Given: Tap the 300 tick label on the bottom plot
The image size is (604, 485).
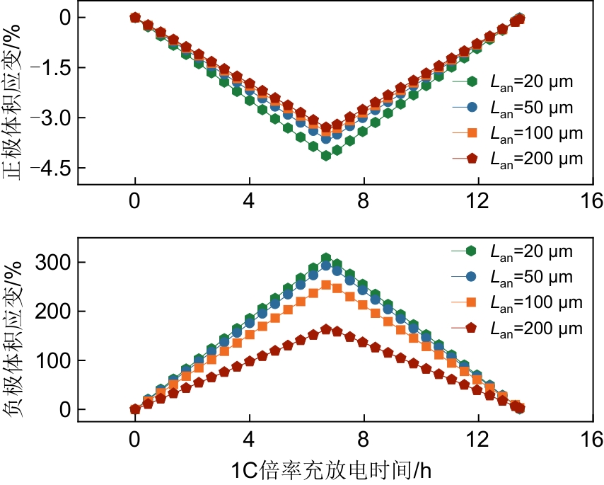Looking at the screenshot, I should (x=55, y=263).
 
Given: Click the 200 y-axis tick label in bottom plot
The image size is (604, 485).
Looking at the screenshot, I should (x=55, y=312).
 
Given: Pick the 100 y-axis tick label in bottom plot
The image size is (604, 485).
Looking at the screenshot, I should (x=55, y=360).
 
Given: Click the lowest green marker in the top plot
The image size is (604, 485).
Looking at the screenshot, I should (x=326, y=156).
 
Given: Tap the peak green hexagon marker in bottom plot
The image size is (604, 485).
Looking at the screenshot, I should (x=326, y=258).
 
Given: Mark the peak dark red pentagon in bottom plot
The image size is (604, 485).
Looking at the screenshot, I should (x=326, y=329).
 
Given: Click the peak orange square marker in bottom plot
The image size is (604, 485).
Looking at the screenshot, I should (x=326, y=285).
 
